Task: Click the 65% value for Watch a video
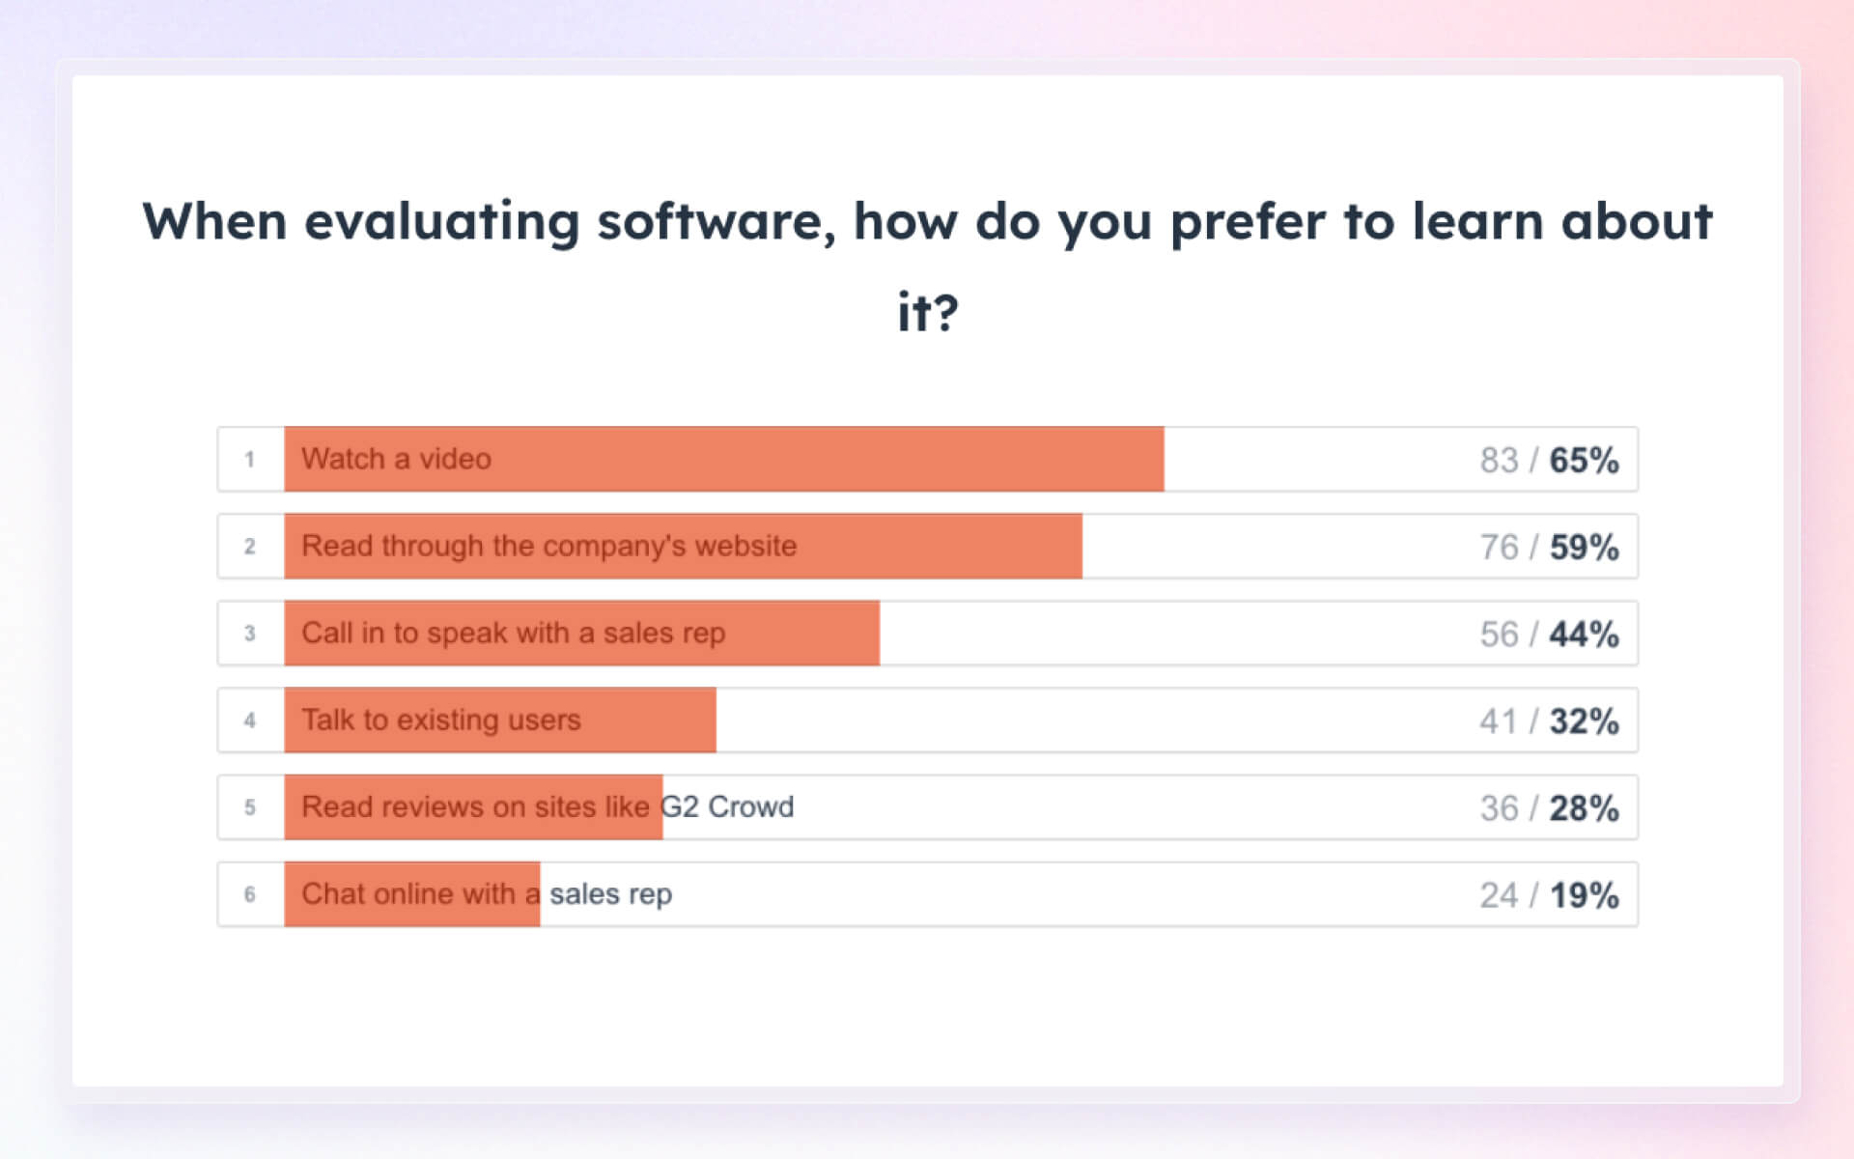(1584, 461)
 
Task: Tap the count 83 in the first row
(1499, 461)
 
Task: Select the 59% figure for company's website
(1584, 548)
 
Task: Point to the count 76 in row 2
(1499, 548)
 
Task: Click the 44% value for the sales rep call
(1584, 635)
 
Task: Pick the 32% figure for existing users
(1584, 721)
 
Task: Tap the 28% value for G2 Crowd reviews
(1584, 808)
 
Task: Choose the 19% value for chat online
(1584, 895)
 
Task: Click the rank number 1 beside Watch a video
(249, 460)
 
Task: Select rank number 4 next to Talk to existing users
(249, 721)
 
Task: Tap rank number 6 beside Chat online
(249, 894)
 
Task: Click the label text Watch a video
(396, 459)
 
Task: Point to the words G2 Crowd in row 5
(727, 806)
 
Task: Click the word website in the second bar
(745, 546)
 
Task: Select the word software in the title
(716, 222)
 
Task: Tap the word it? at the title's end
(927, 312)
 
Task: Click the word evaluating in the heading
(441, 222)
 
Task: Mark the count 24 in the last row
(1499, 895)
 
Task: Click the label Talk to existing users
(440, 720)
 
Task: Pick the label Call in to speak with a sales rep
(513, 633)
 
